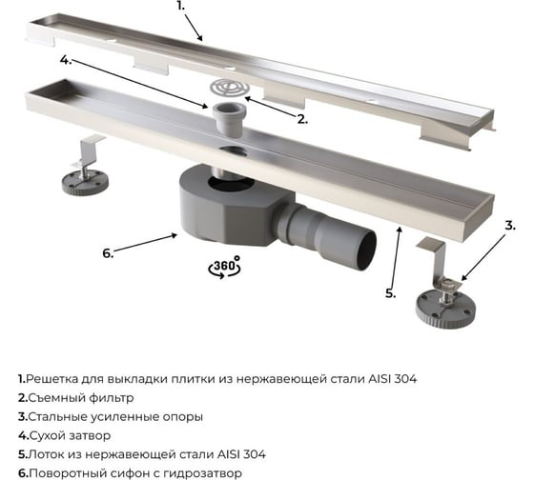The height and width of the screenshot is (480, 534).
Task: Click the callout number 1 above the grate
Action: point(180,6)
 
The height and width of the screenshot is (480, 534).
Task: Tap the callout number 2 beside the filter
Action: point(302,119)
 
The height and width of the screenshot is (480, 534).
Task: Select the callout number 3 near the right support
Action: point(510,225)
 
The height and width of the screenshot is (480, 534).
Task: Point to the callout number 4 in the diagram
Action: point(66,60)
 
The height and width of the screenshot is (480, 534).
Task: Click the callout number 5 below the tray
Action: point(391,293)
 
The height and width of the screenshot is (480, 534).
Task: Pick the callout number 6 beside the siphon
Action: point(108,253)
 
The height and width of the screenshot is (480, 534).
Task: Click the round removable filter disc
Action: point(230,89)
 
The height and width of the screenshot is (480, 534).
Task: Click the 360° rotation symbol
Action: point(224,267)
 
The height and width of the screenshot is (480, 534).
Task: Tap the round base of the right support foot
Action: point(445,309)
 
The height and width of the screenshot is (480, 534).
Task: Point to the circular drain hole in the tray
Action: point(234,152)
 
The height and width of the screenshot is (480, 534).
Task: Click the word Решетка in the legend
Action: point(51,379)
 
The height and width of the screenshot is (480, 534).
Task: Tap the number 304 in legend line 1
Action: point(405,379)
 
